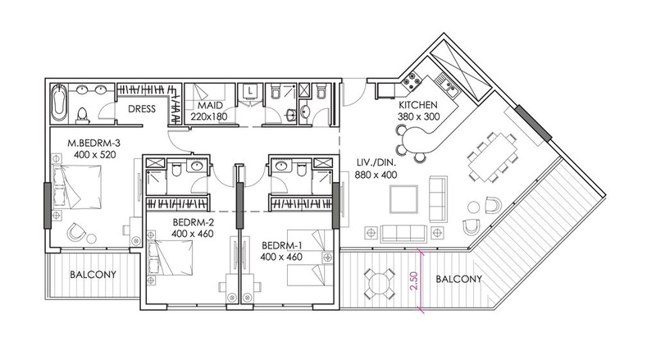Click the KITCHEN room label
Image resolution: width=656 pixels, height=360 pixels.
(417, 105)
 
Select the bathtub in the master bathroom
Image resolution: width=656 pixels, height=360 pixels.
(59, 102)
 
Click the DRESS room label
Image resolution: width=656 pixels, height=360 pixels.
(142, 109)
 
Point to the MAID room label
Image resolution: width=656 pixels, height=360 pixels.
(210, 106)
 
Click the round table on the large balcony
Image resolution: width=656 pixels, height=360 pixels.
(379, 284)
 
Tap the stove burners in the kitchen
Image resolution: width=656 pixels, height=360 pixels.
(412, 81)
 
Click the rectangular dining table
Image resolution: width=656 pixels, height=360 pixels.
(492, 157)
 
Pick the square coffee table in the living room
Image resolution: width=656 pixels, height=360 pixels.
(403, 199)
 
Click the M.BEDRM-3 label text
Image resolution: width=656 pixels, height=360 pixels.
(94, 144)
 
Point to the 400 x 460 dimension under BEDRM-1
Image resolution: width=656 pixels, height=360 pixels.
(281, 257)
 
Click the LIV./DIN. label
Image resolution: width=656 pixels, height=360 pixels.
(376, 163)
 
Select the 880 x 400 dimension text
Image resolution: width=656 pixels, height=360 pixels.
(376, 175)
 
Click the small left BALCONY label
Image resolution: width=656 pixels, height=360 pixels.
(93, 275)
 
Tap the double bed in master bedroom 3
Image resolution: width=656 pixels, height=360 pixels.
(76, 186)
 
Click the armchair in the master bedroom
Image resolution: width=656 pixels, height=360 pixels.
(76, 231)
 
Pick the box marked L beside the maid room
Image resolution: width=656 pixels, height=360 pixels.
(251, 91)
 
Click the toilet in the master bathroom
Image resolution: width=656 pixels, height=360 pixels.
(83, 116)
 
